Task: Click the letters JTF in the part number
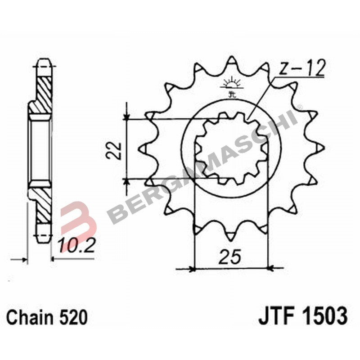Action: (275, 316)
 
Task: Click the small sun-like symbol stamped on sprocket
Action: (232, 85)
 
